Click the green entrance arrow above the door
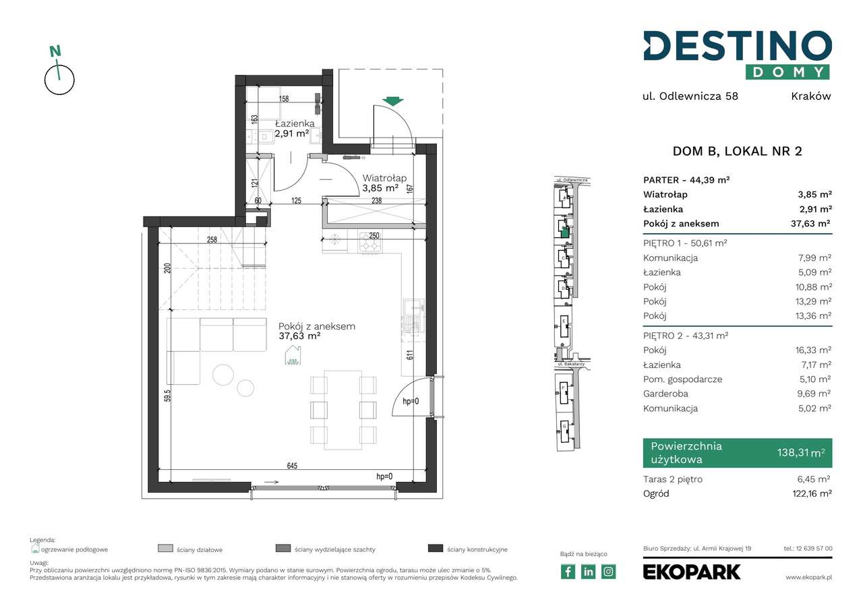[x=392, y=102]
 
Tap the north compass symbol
[x=59, y=74]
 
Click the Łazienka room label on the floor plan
[x=294, y=124]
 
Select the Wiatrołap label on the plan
[x=384, y=178]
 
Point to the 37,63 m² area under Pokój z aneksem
[x=299, y=337]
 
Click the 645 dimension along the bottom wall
[x=291, y=466]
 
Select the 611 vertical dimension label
[x=409, y=356]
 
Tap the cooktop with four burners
[x=369, y=241]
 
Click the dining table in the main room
[x=343, y=409]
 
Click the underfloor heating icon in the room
[x=293, y=355]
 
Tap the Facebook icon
[x=568, y=572]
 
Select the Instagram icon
[x=608, y=572]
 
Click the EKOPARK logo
[x=691, y=572]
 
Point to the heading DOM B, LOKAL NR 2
[x=737, y=152]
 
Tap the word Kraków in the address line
[x=810, y=96]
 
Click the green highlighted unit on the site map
[x=564, y=232]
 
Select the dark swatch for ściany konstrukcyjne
[x=435, y=549]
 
